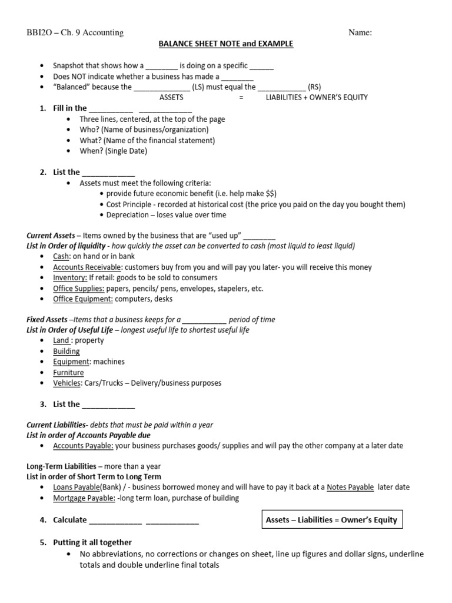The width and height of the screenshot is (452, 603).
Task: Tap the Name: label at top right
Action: (x=360, y=33)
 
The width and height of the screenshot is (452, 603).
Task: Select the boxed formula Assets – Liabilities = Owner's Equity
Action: (x=331, y=519)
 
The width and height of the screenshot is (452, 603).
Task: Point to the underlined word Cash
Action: (x=61, y=256)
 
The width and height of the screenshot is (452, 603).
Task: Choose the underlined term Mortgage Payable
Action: (x=83, y=498)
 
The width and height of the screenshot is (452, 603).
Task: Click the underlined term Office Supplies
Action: (x=79, y=289)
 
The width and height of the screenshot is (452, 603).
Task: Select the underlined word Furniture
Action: (x=68, y=372)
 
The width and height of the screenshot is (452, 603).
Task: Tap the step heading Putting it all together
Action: (x=92, y=542)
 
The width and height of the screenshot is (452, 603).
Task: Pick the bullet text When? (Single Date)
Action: (x=114, y=151)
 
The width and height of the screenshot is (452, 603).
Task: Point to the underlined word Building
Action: (x=67, y=351)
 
